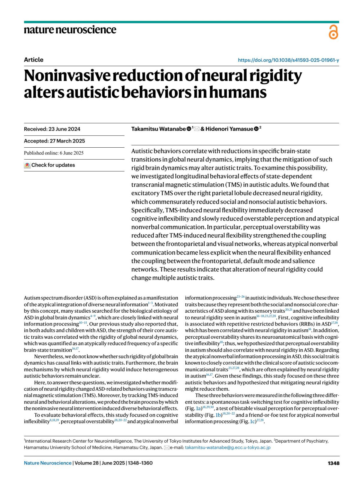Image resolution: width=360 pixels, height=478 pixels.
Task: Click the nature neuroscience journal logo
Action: coord(70,30)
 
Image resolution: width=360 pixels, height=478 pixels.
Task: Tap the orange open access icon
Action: coord(333,32)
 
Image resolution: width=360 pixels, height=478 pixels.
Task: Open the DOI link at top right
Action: coord(288,60)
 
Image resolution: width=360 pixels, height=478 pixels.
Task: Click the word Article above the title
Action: coord(34,60)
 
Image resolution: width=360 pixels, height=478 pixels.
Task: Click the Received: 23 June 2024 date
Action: coord(52,129)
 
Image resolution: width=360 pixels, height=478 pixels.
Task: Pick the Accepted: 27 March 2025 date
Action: coord(54,141)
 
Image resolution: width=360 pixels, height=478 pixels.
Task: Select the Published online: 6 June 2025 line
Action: coord(54,153)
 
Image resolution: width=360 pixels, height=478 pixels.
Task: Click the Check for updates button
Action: coord(50,165)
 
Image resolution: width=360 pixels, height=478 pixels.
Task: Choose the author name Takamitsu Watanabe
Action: coord(158,129)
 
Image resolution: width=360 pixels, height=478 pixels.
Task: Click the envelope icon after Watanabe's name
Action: coord(197,129)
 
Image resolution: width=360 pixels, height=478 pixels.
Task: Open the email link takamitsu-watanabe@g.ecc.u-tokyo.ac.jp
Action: coord(228,447)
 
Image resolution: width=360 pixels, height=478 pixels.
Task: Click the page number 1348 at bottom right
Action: coord(334,463)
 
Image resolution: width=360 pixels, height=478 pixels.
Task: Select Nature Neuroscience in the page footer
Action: coord(48,463)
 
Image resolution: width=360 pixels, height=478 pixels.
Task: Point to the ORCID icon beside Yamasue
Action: coord(256,129)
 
